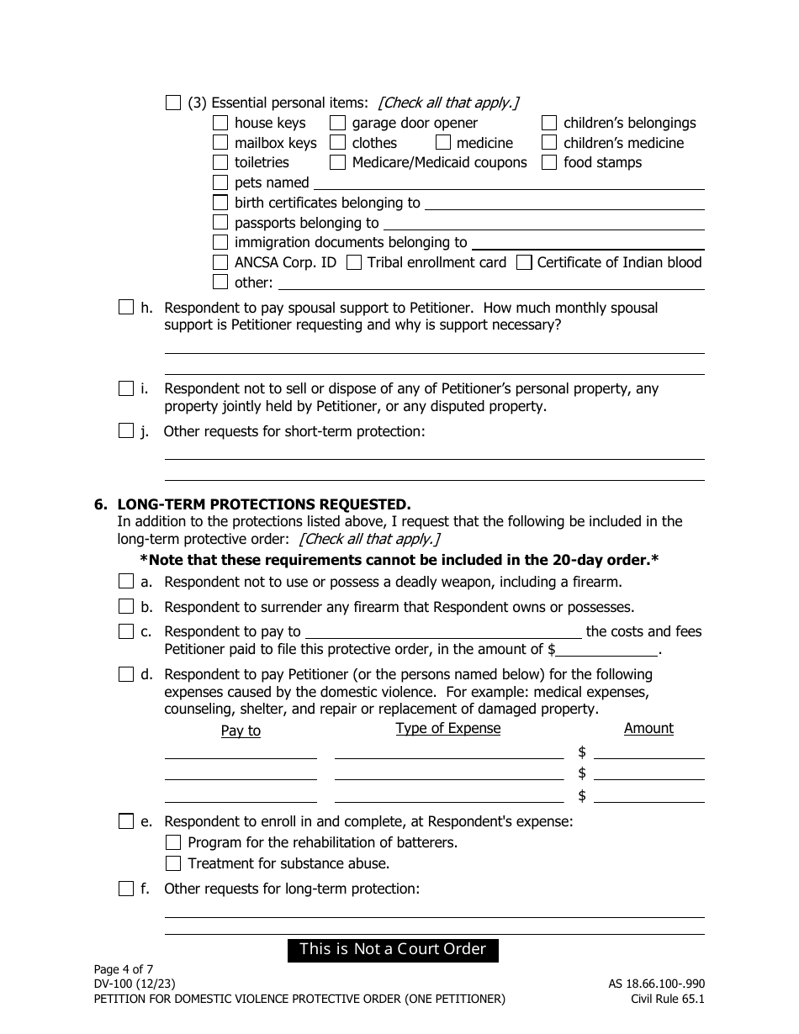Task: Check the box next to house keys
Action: [x=220, y=123]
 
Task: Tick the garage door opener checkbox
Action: [x=337, y=123]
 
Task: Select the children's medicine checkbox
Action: [x=549, y=143]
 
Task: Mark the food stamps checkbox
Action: [x=549, y=162]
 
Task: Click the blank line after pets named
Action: [x=508, y=182]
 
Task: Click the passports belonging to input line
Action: [x=543, y=223]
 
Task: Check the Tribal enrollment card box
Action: [x=354, y=262]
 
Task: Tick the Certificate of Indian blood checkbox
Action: [x=524, y=262]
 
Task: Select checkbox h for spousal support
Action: [x=126, y=308]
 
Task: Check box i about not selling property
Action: [x=126, y=388]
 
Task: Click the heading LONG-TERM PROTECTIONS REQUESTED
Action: [x=264, y=504]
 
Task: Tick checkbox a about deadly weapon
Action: [x=126, y=582]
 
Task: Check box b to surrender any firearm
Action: [x=126, y=607]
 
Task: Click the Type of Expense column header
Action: [x=448, y=729]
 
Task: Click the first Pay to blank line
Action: [x=241, y=752]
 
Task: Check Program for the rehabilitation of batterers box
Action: [x=173, y=842]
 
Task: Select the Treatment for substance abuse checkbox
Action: [x=173, y=863]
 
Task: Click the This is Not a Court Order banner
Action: [x=393, y=950]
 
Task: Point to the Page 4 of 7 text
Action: [x=124, y=968]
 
